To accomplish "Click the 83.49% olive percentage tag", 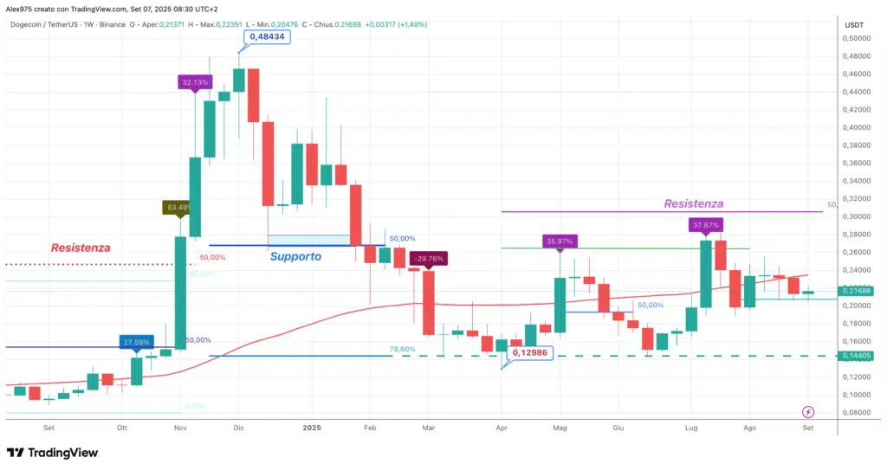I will (178, 207).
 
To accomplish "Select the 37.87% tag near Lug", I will (707, 225).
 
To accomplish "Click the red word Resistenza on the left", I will (81, 248).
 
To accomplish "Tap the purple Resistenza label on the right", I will (693, 203).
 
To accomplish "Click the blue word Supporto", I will (295, 256).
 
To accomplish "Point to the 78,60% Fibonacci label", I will (402, 349).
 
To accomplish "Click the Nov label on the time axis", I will (180, 428).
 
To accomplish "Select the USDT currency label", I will (854, 24).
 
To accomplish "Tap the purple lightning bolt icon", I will (809, 412).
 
